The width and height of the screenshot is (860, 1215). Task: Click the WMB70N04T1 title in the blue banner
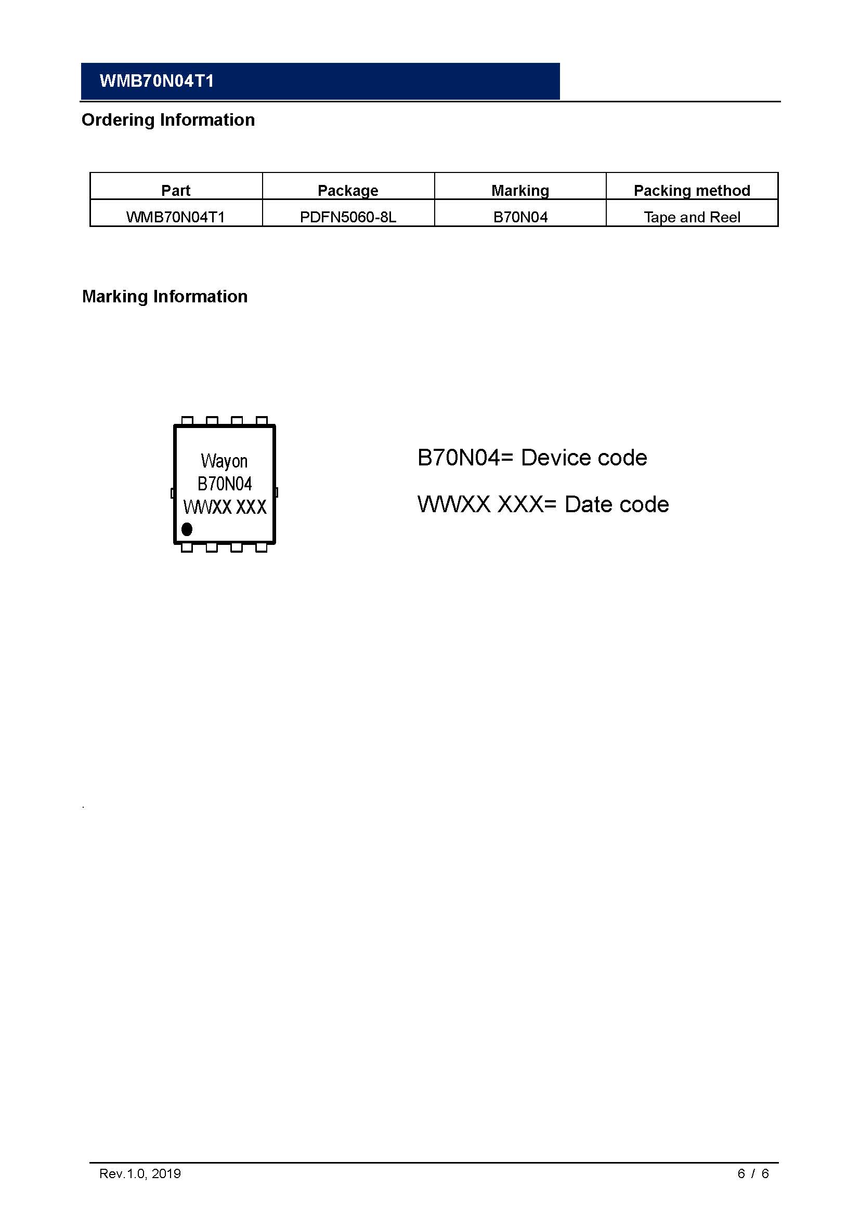pyautogui.click(x=157, y=81)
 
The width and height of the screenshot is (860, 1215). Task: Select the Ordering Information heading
pyautogui.click(x=168, y=120)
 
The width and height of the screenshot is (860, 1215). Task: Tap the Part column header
pyautogui.click(x=176, y=191)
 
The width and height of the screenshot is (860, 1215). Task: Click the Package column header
pyautogui.click(x=348, y=191)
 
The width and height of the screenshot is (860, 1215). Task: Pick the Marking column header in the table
pyautogui.click(x=520, y=191)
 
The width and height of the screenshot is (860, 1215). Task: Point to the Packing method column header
pyautogui.click(x=692, y=191)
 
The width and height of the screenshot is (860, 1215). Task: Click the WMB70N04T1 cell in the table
pyautogui.click(x=176, y=217)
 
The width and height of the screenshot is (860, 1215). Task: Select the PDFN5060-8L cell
pyautogui.click(x=348, y=217)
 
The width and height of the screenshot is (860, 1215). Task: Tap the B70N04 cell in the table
pyautogui.click(x=520, y=217)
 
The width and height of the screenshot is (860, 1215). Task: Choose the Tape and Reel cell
pyautogui.click(x=692, y=217)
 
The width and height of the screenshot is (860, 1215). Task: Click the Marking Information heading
pyautogui.click(x=165, y=296)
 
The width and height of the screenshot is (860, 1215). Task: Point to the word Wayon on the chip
pyautogui.click(x=224, y=461)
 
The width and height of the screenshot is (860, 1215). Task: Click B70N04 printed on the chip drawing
pyautogui.click(x=225, y=484)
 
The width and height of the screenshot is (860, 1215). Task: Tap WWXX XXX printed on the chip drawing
pyautogui.click(x=225, y=507)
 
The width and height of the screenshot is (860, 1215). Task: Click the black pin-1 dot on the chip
pyautogui.click(x=187, y=529)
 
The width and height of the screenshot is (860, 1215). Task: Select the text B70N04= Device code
pyautogui.click(x=532, y=458)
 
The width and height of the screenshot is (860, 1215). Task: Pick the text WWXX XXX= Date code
pyautogui.click(x=543, y=504)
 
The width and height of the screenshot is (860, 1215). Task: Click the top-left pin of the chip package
pyautogui.click(x=187, y=421)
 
